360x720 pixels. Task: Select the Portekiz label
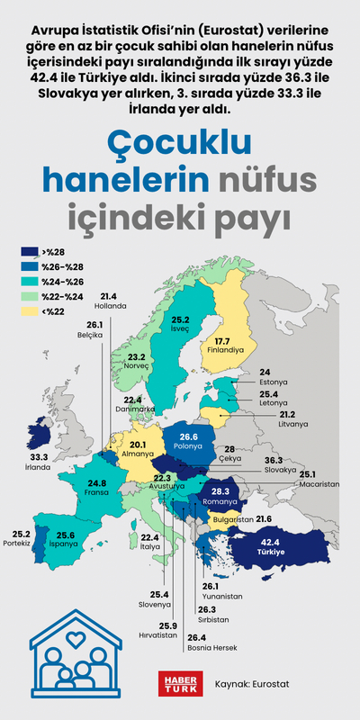(x=19, y=544)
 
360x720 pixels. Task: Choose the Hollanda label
(x=109, y=305)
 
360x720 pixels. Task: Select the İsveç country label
(x=180, y=329)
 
